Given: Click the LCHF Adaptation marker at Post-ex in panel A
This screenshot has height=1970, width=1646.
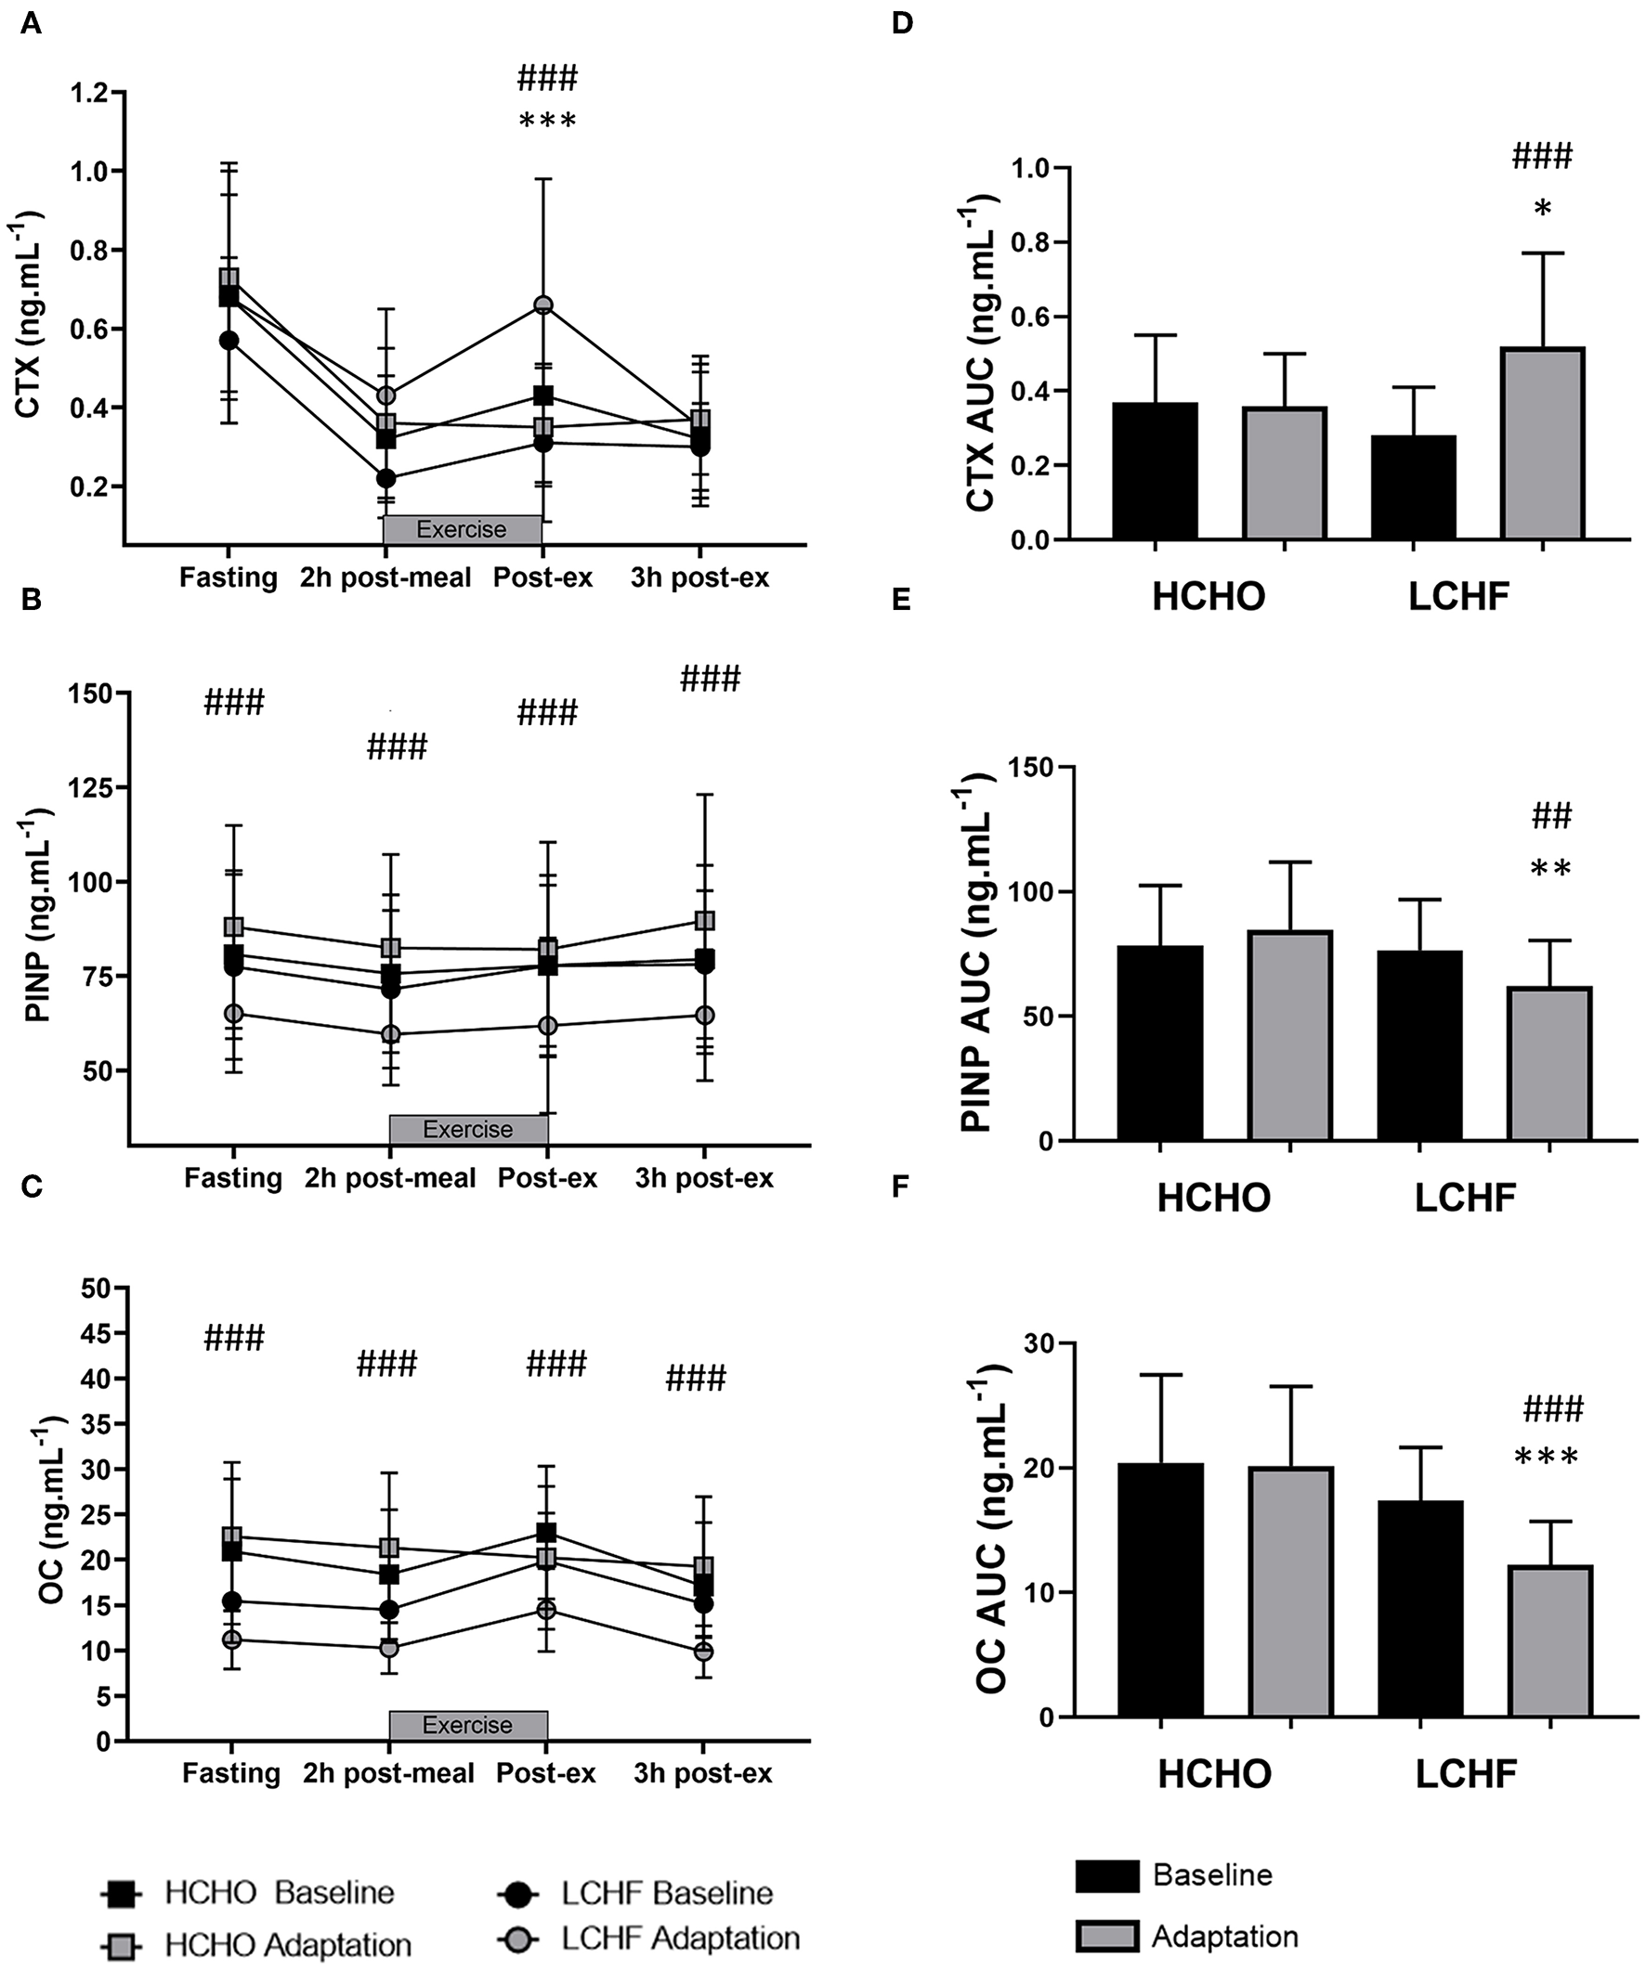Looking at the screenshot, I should [543, 305].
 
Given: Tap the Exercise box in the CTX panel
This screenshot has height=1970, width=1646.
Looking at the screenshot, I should [462, 529].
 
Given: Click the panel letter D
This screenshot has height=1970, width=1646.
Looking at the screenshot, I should [901, 23].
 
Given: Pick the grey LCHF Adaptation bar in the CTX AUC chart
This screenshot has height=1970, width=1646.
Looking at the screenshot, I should [1543, 443].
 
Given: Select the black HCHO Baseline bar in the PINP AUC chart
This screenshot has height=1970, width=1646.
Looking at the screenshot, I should [1161, 1043].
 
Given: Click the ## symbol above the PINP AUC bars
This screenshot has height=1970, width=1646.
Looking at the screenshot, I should [1551, 816].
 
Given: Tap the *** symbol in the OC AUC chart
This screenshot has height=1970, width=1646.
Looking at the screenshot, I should [1547, 1458].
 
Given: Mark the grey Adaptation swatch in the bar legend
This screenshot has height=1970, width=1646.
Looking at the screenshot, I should [1107, 1937].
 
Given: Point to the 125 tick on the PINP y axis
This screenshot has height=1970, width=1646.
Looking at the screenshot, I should [90, 787].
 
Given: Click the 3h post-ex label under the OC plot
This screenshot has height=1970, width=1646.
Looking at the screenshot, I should [703, 1773].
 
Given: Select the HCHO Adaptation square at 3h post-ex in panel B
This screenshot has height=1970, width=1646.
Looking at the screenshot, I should [704, 920].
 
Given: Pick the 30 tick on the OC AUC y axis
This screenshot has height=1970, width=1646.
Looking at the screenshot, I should [1037, 1343].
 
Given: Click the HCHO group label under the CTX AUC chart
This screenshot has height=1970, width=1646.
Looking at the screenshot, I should [1208, 597].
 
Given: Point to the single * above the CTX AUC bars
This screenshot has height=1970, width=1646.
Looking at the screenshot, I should [1542, 209].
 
